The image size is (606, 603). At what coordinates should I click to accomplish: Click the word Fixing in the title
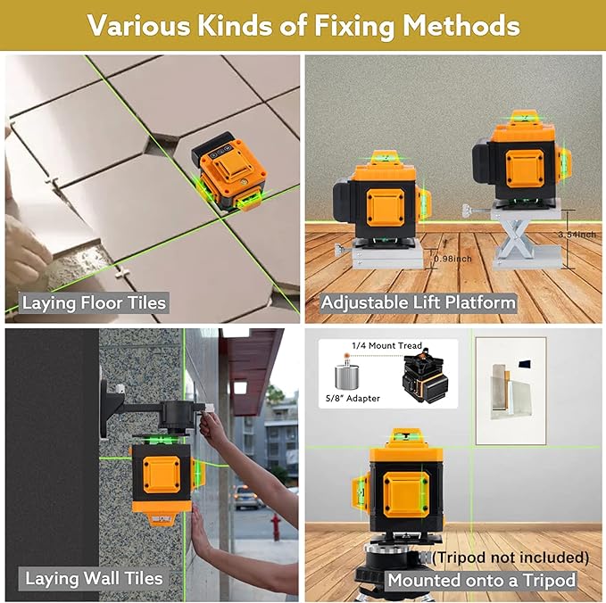pos(353,26)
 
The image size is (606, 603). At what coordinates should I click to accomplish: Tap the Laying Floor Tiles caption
pos(94,302)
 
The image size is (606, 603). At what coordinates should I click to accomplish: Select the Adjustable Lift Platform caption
pos(419,302)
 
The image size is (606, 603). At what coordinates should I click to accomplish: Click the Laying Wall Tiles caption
pos(94,578)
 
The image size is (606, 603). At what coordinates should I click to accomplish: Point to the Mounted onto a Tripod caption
pos(481,580)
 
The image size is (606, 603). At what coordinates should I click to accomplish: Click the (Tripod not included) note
pos(511,558)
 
